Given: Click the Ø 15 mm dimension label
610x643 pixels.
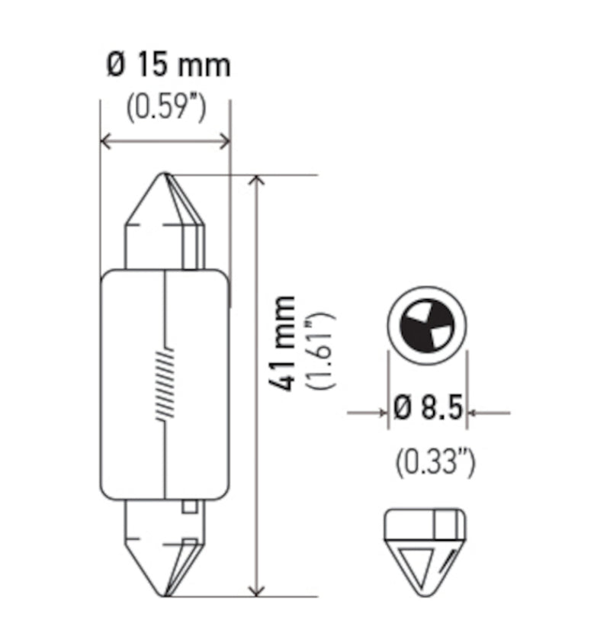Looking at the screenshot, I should click(x=167, y=66).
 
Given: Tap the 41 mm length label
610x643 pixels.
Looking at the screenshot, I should click(x=284, y=343).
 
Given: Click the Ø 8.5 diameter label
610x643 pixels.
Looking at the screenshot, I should click(x=428, y=411).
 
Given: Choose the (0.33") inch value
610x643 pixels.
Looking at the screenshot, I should click(x=435, y=462).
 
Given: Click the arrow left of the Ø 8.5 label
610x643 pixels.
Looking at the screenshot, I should click(x=380, y=413).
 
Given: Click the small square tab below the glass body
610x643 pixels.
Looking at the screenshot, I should click(x=190, y=506).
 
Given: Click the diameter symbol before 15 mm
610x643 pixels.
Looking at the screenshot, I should click(x=115, y=66).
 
